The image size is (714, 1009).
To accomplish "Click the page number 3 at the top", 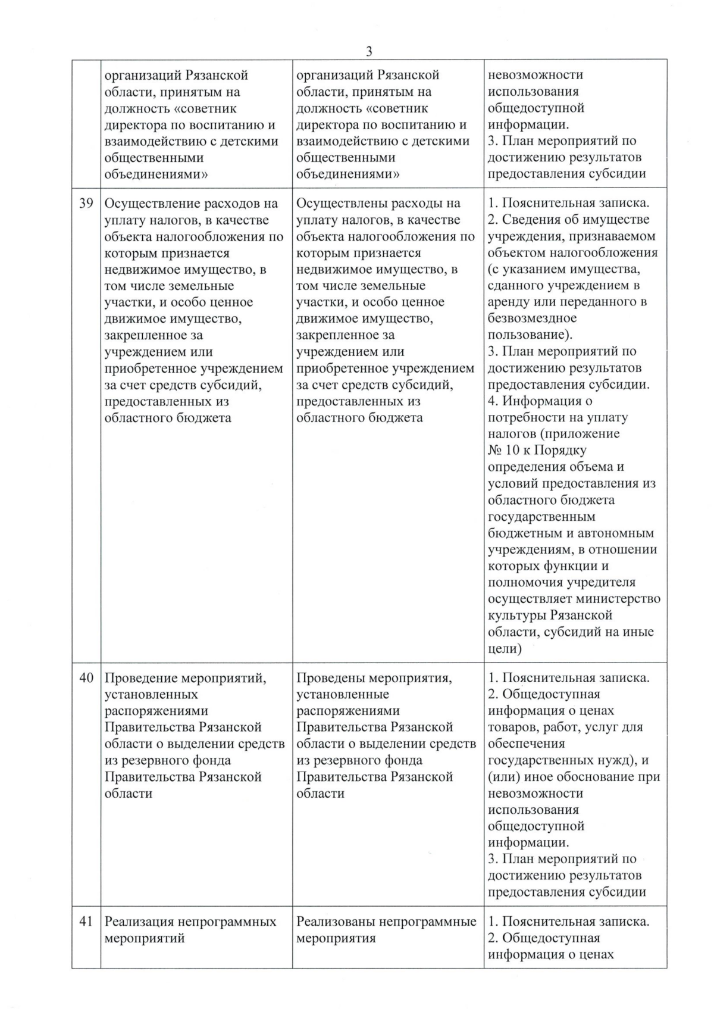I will (369, 51).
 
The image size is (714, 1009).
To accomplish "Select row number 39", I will (86, 204).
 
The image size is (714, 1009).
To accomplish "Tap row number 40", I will (86, 677).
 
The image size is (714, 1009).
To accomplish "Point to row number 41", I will (86, 921).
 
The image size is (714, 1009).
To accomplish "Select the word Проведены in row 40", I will (330, 677).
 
